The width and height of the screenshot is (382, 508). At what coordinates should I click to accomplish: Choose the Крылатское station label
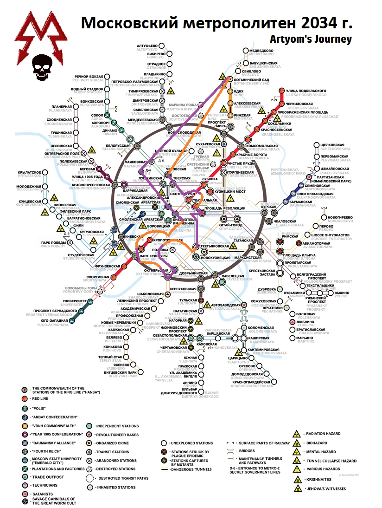point(29,172)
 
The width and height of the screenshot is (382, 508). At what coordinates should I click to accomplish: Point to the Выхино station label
point(342,293)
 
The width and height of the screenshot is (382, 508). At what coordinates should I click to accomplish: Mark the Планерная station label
point(61,107)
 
